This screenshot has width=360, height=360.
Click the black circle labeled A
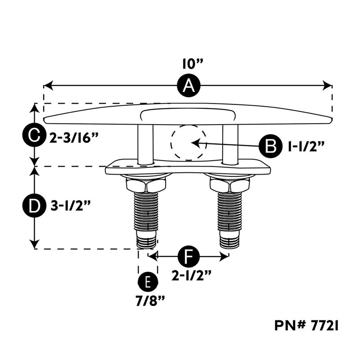[188, 85]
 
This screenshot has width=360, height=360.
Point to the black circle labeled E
[147, 282]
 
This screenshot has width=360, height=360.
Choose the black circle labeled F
[189, 256]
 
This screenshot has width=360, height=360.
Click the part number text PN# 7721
[306, 325]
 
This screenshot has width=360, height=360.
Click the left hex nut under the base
[146, 184]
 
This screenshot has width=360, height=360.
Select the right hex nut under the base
[229, 184]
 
